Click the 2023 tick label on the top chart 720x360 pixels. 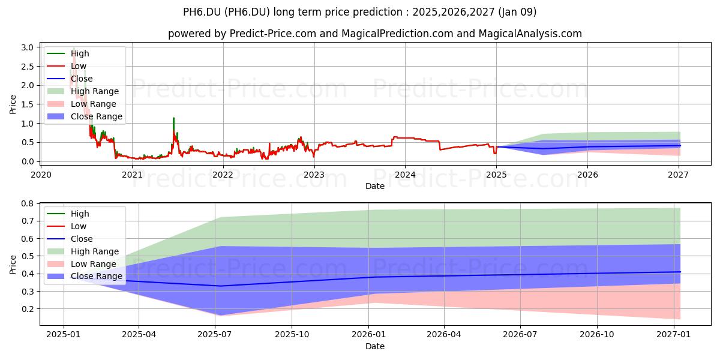point(314,175)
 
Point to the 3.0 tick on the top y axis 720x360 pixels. point(28,47)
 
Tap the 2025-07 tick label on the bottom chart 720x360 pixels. point(215,335)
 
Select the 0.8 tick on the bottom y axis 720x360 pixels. point(28,203)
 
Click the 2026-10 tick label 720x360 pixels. point(597,335)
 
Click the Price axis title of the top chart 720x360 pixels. point(13,104)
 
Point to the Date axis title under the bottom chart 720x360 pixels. point(375,346)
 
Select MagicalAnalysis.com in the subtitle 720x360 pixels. point(530,34)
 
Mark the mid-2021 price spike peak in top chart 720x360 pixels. point(173,118)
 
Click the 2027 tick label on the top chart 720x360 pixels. point(678,175)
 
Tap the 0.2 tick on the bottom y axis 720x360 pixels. point(28,309)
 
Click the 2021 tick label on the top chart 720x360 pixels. point(132,175)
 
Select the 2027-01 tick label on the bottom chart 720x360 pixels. point(673,335)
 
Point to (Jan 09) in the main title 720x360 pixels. point(517,12)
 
